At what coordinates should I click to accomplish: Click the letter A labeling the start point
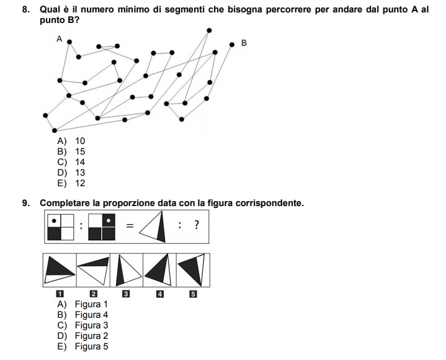[60, 38]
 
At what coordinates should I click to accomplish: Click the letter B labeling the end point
[244, 43]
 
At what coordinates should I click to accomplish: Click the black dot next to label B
[232, 44]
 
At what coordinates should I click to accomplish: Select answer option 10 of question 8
[79, 141]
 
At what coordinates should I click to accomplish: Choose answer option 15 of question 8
[79, 151]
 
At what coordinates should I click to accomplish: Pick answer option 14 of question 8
[79, 162]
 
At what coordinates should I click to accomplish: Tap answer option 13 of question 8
[79, 173]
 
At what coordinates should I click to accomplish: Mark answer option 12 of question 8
[79, 183]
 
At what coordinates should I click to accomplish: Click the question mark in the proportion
[197, 225]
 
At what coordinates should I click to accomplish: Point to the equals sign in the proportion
[130, 226]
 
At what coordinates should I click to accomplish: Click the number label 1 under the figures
[60, 294]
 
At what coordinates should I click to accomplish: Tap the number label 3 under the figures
[126, 294]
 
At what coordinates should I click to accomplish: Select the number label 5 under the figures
[192, 294]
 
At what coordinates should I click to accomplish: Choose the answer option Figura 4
[91, 315]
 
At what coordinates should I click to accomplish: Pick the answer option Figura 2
[91, 336]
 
